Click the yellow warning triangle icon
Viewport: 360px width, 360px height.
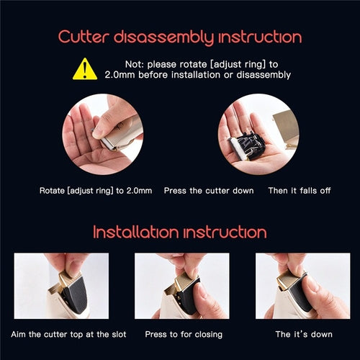point(85,68)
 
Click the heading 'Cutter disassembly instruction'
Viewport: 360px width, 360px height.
point(180,37)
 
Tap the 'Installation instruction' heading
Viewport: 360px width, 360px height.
point(180,232)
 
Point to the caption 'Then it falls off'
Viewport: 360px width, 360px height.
point(297,191)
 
